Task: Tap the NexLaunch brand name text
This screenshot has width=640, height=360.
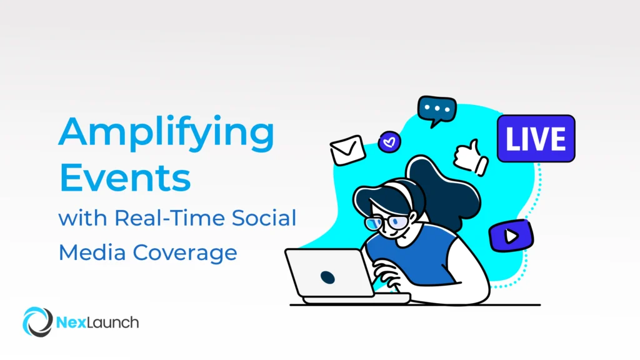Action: click(x=97, y=322)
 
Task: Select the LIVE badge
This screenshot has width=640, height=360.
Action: click(x=536, y=138)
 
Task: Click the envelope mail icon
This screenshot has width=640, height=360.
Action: click(x=347, y=150)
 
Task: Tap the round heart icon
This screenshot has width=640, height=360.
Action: click(x=389, y=141)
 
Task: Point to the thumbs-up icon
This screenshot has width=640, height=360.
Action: click(x=471, y=157)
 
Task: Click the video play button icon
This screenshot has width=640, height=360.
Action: click(x=511, y=236)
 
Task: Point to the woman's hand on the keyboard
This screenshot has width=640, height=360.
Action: click(x=386, y=275)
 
